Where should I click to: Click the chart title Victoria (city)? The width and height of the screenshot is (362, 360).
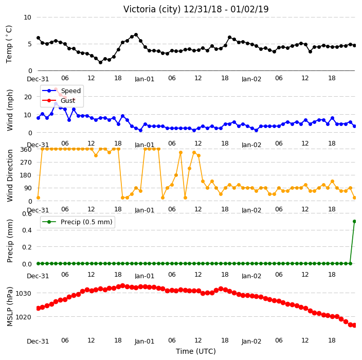pyautogui.click(x=152, y=9)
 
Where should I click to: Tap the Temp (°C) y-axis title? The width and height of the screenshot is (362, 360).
pyautogui.click(x=9, y=44)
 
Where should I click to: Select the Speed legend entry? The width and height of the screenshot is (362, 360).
pyautogui.click(x=62, y=91)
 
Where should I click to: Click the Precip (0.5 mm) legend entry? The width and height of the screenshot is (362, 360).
pyautogui.click(x=77, y=222)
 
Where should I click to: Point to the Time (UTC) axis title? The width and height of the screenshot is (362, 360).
pyautogui.click(x=196, y=351)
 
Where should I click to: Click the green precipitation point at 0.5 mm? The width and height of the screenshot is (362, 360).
pyautogui.click(x=355, y=222)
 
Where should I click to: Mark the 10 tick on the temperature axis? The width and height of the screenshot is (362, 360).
pyautogui.click(x=27, y=17)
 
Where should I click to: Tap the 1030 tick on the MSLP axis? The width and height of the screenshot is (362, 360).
pyautogui.click(x=23, y=293)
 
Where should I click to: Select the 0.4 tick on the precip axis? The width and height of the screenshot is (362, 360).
pyautogui.click(x=27, y=230)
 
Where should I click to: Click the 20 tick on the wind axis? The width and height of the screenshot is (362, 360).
pyautogui.click(x=28, y=97)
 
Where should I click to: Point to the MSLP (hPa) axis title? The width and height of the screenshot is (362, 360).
pyautogui.click(x=10, y=307)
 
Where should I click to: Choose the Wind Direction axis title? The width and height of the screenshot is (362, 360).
pyautogui.click(x=10, y=176)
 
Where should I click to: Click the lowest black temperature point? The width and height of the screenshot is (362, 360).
pyautogui.click(x=100, y=62)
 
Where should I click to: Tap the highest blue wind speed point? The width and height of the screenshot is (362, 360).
pyautogui.click(x=56, y=104)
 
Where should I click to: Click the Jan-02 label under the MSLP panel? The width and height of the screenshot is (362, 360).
pyautogui.click(x=251, y=341)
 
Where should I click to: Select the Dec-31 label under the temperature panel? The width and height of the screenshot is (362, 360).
pyautogui.click(x=38, y=79)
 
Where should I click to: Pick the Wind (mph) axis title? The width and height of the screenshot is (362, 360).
pyautogui.click(x=10, y=110)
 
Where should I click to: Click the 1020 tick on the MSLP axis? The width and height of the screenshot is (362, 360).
pyautogui.click(x=23, y=317)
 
